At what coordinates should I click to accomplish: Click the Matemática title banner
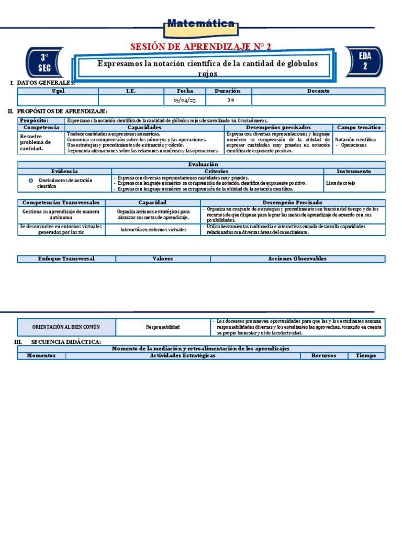200,24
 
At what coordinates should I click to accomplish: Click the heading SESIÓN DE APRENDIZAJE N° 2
200,47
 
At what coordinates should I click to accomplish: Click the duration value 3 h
230,100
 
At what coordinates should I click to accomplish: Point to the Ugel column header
58,91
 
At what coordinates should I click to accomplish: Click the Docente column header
318,91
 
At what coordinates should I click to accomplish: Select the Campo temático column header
359,127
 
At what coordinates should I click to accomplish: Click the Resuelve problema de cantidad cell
41,142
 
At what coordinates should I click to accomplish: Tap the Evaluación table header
202,164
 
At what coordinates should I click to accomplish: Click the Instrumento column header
354,171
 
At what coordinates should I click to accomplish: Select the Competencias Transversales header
61,202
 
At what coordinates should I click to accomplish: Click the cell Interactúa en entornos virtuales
153,230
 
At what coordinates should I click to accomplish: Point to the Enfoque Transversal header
66,259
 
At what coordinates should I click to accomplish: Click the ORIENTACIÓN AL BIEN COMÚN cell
66,327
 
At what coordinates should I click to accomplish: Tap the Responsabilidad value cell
163,327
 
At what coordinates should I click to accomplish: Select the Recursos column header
323,356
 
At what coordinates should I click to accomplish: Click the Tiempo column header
366,356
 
